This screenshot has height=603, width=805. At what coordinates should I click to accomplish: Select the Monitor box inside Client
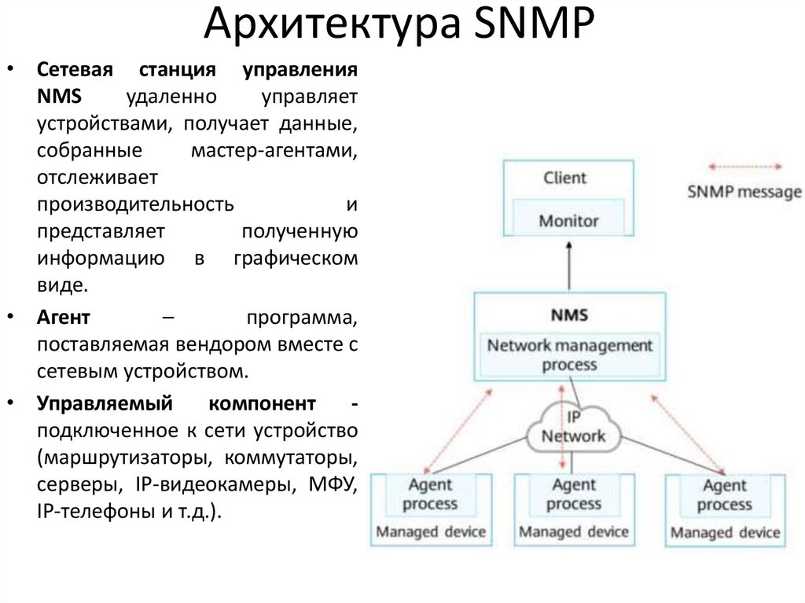(x=568, y=221)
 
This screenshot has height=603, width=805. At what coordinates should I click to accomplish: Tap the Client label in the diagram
(x=564, y=178)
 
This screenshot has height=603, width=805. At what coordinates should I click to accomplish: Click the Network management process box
(x=570, y=355)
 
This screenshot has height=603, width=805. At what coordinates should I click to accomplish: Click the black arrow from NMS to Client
(x=568, y=267)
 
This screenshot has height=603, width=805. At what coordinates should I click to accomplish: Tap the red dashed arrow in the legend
(x=744, y=167)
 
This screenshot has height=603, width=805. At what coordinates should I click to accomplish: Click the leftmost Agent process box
(x=430, y=495)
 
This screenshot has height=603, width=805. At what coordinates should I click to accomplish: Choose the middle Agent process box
(x=573, y=495)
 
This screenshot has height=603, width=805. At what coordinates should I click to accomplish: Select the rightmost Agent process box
(x=724, y=495)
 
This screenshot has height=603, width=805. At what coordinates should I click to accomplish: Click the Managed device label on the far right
(x=725, y=533)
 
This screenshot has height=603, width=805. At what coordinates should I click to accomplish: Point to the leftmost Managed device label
(x=430, y=532)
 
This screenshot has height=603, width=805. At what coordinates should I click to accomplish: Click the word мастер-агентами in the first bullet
(x=274, y=149)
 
